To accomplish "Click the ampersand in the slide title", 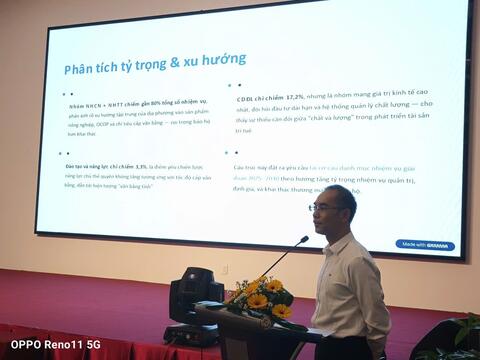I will (x=174, y=64).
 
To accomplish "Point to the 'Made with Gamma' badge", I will (x=424, y=244).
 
